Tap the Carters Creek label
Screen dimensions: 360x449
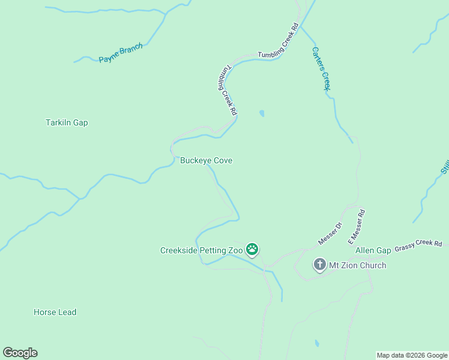point(322,68)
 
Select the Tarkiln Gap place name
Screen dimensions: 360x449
point(67,122)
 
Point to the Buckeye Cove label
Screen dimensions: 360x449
point(206,161)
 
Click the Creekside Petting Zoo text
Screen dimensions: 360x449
point(201,250)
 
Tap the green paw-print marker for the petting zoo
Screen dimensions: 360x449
point(252,249)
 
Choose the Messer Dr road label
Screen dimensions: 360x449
point(330,233)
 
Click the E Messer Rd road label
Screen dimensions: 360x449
point(357,226)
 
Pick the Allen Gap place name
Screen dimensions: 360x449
point(373,250)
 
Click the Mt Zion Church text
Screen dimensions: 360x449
point(358,265)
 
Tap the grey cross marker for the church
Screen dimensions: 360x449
point(319,265)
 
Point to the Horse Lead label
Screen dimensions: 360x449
point(55,312)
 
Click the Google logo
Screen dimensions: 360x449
point(20,353)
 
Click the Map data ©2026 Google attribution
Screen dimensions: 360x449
point(412,355)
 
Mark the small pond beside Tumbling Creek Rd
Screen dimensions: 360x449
point(261,113)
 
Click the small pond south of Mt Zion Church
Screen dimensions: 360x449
point(316,344)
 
